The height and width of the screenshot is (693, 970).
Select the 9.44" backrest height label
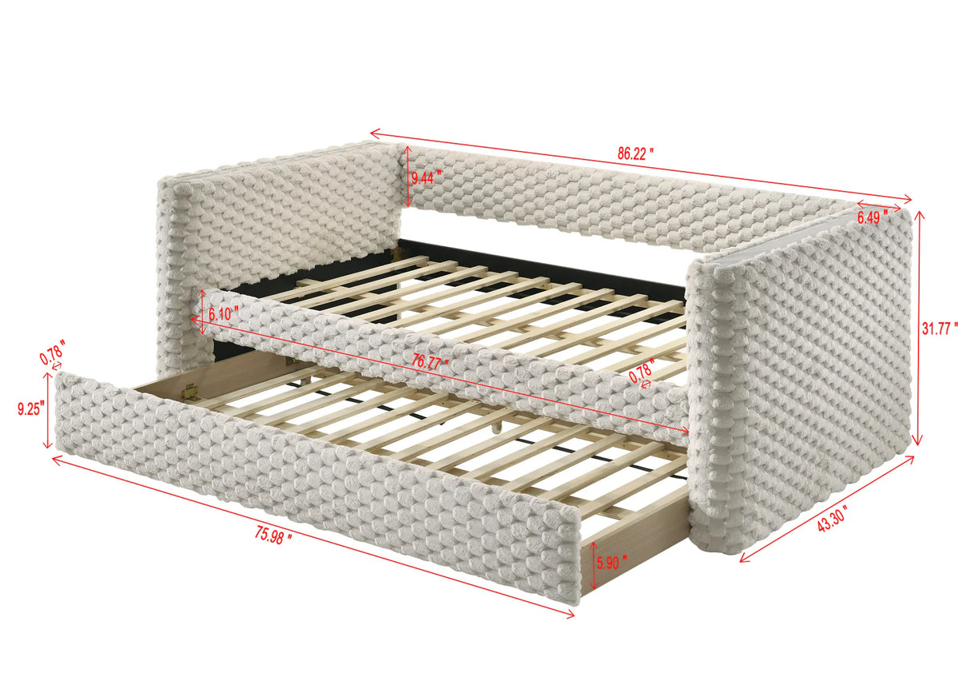[x=426, y=177]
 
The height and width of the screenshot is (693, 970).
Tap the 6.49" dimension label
[x=872, y=217]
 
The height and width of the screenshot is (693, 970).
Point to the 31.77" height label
[x=940, y=329]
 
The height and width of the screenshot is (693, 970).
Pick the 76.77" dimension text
[x=430, y=362]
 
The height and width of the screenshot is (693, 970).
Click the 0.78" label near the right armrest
[x=642, y=371]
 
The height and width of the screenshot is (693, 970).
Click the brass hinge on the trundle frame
[x=189, y=392]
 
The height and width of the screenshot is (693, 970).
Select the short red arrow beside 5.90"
[x=592, y=565]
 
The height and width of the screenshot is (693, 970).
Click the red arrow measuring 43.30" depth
[x=827, y=508]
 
